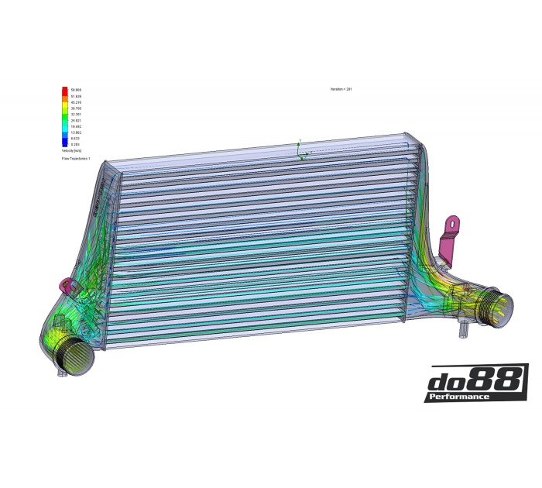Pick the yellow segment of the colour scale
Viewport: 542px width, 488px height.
pos(64,112)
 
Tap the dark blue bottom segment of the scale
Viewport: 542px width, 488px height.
pos(64,143)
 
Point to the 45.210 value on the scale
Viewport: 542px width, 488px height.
pos(76,102)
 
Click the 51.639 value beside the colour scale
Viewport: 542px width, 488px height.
pos(76,96)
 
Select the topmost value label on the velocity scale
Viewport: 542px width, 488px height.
pos(76,90)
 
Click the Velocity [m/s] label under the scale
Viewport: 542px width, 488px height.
pos(72,151)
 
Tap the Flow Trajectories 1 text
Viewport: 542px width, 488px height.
pos(76,158)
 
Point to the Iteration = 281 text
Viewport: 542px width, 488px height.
pos(341,90)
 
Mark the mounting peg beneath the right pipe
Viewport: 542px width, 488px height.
pos(463,334)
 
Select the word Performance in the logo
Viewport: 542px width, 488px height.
pos(462,397)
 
